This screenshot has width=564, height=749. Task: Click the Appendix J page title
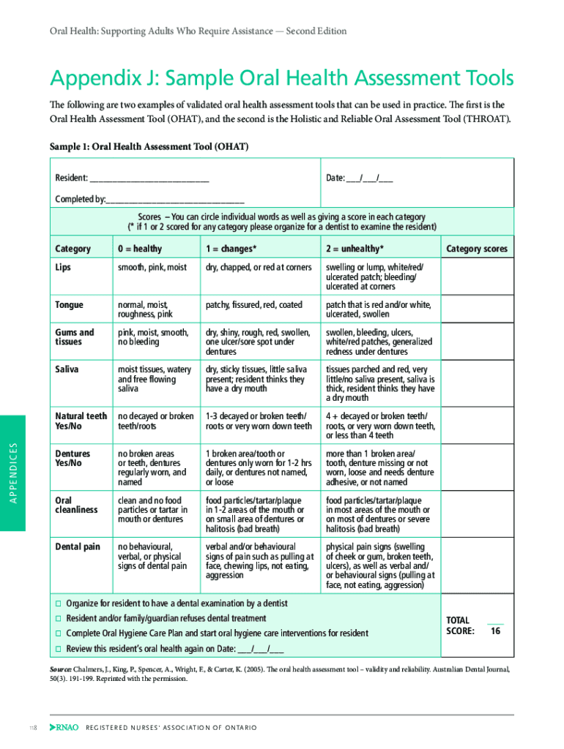coord(281,79)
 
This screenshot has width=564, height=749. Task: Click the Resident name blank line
coord(149,178)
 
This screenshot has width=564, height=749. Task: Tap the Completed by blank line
coord(175,200)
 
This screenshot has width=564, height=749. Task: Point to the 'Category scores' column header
coord(476,249)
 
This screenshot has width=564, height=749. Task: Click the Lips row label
coord(63,268)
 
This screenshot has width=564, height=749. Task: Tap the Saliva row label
coord(67,369)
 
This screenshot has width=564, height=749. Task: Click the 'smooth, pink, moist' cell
coord(152,268)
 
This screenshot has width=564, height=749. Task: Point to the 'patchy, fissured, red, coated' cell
coord(253,305)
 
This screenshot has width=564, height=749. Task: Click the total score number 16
coord(496,631)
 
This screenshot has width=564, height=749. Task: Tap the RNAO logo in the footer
coord(63,728)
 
